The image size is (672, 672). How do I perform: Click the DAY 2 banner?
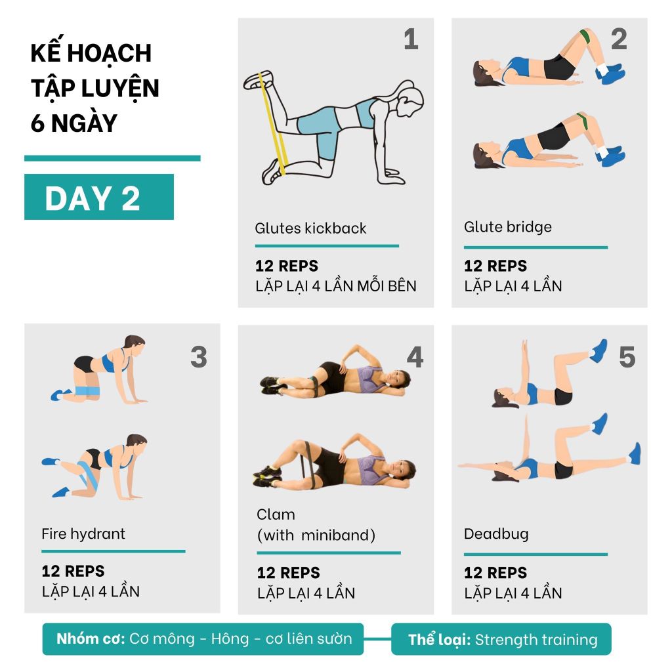click(x=98, y=197)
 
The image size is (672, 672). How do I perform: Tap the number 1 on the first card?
click(x=411, y=40)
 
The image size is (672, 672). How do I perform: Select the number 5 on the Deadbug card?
click(x=627, y=358)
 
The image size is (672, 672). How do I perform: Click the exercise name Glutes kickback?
click(x=310, y=229)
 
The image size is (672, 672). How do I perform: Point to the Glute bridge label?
click(x=507, y=228)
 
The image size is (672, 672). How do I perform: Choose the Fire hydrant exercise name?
click(x=83, y=534)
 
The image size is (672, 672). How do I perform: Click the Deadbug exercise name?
click(x=495, y=534)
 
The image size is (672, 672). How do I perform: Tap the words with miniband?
click(x=316, y=535)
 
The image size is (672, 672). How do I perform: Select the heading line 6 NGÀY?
click(x=73, y=123)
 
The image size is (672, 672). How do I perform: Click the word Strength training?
click(x=536, y=640)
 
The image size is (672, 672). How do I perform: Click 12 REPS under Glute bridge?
click(x=495, y=266)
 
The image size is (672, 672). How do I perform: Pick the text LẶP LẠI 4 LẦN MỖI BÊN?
click(x=335, y=286)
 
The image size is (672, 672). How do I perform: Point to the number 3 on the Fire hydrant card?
click(x=198, y=358)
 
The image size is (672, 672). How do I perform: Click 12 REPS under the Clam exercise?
click(x=288, y=573)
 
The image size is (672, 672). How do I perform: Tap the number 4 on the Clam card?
click(x=415, y=358)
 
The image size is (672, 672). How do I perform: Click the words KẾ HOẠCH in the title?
click(x=91, y=53)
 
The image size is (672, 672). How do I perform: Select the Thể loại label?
click(x=439, y=640)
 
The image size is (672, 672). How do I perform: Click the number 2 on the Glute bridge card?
click(x=619, y=40)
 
